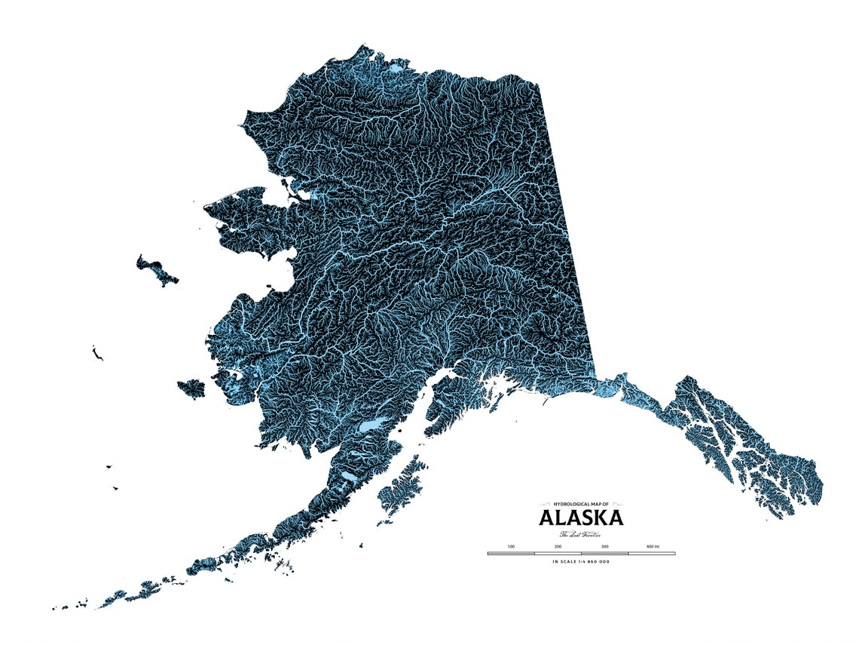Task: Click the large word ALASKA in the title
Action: [x=580, y=518]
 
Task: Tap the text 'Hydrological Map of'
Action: [x=580, y=503]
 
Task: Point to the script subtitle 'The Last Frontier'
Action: [x=580, y=534]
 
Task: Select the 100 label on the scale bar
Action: [x=511, y=546]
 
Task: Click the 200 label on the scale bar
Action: [x=558, y=546]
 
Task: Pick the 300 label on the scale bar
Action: [x=604, y=546]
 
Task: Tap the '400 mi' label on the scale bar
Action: [x=653, y=546]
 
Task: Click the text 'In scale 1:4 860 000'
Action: [x=580, y=561]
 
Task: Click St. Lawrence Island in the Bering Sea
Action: [x=156, y=269]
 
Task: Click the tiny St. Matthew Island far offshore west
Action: [x=96, y=352]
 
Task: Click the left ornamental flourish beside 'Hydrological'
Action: [x=546, y=503]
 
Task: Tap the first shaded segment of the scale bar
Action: [x=511, y=553]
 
